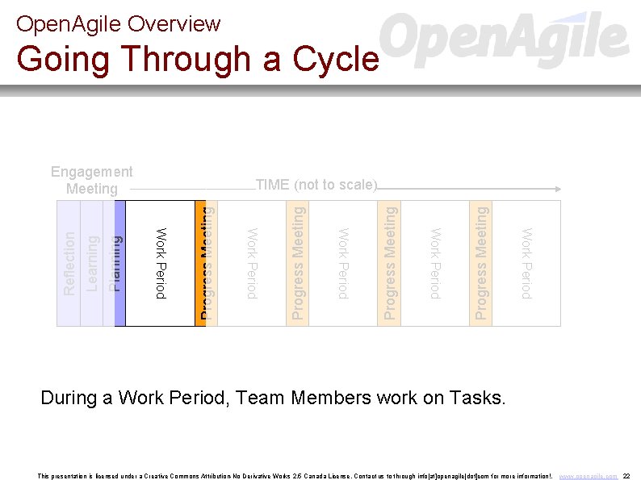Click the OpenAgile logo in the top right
click(x=503, y=38)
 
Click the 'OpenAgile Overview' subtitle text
click(x=118, y=24)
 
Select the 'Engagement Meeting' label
click(x=92, y=180)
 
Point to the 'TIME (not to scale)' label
click(x=316, y=185)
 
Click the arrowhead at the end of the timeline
click(x=557, y=189)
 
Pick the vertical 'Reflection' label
click(x=69, y=263)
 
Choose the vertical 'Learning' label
click(x=92, y=263)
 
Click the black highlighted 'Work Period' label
click(x=161, y=263)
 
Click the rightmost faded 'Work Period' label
click(x=526, y=263)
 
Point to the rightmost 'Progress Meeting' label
click(x=481, y=263)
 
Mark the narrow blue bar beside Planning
click(x=120, y=263)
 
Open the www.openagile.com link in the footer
click(x=588, y=476)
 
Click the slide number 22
click(x=626, y=476)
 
